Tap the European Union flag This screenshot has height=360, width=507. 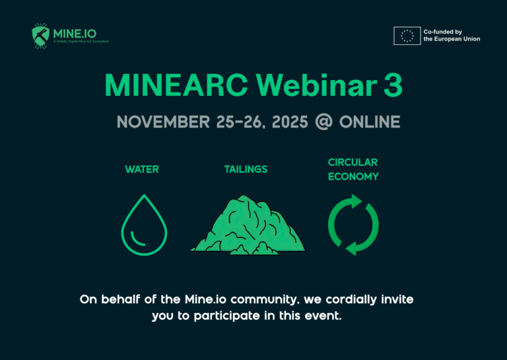click(407, 35)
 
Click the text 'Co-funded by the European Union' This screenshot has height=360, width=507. click(452, 35)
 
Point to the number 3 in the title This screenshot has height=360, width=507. click(393, 85)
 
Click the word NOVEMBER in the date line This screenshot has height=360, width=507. click(162, 122)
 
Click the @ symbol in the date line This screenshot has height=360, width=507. click(323, 122)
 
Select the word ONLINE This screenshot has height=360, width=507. click(370, 122)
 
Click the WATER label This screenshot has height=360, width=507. click(142, 170)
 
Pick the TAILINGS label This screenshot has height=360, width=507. click(246, 170)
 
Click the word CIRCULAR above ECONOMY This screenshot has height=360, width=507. click(353, 162)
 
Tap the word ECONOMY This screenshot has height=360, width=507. click(353, 177)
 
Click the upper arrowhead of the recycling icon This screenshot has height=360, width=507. click(357, 201)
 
